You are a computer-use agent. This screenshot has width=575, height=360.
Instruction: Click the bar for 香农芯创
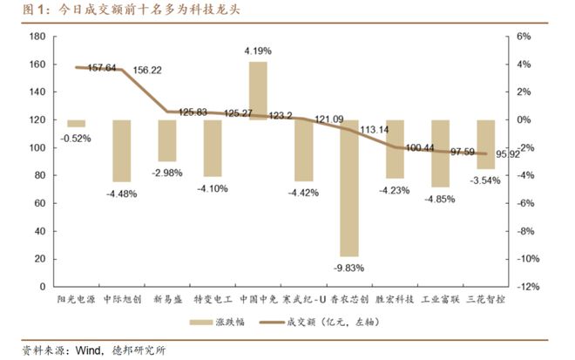(349, 187)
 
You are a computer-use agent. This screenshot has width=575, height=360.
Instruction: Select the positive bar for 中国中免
(258, 91)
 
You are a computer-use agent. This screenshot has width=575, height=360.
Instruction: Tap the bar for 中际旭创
(121, 151)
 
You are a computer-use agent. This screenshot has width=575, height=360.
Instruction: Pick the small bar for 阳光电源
(77, 123)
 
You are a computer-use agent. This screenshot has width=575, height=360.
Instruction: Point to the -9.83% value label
(348, 268)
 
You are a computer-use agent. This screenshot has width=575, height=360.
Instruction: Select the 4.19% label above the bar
(258, 52)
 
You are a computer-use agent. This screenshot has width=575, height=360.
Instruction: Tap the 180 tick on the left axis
(37, 37)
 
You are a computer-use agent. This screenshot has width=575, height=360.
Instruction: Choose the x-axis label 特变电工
(213, 298)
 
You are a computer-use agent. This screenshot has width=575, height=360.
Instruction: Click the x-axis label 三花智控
(485, 298)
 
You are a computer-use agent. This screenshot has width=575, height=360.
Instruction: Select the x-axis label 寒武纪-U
(303, 298)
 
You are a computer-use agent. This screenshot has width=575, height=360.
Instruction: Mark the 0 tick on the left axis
(42, 286)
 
